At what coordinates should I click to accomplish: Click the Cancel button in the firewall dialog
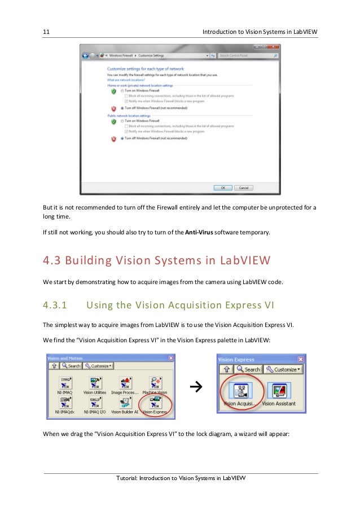point(243,188)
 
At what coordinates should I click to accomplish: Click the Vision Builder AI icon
point(124,403)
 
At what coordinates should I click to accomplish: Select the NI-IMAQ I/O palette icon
point(95,403)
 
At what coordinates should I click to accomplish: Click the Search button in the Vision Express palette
point(248,369)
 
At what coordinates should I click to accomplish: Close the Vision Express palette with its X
point(301,359)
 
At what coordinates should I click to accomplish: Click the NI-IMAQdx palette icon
point(65,403)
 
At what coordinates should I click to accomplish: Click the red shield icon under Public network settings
point(113,138)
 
